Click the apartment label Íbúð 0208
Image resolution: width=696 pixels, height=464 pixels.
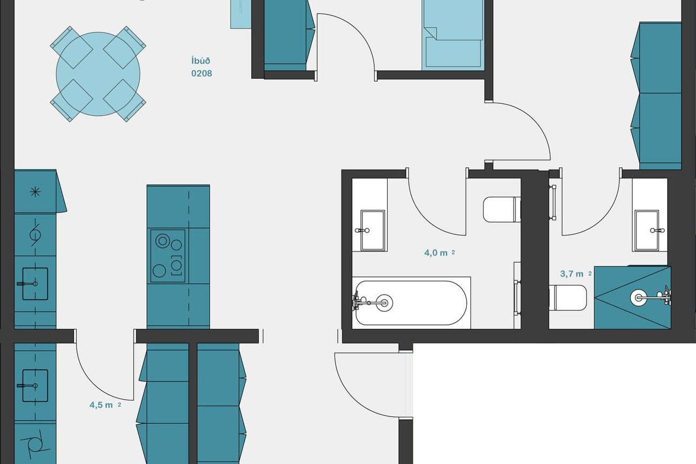[x=202, y=67]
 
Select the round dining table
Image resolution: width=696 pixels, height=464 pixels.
[x=98, y=74]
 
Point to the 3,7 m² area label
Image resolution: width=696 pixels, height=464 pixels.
[x=576, y=274]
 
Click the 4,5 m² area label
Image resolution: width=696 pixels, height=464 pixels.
[x=105, y=405]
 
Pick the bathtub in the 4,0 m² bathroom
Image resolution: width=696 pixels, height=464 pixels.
[x=411, y=303]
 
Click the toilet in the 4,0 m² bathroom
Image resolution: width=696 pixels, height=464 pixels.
[x=502, y=209]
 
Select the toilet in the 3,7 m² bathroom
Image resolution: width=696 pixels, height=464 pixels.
[x=568, y=298]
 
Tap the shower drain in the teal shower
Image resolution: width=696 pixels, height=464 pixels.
[x=637, y=298]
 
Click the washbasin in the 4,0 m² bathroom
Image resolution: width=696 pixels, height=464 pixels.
[x=373, y=230]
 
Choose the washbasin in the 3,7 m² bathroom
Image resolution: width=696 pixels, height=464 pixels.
[x=647, y=230]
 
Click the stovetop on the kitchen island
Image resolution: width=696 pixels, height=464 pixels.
[x=168, y=256]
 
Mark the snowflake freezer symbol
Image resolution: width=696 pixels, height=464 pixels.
[x=35, y=192]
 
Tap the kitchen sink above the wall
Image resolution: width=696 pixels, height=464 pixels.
[x=35, y=284]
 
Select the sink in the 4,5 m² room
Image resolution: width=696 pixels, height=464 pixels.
[x=35, y=385]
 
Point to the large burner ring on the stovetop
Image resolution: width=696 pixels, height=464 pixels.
[x=162, y=241]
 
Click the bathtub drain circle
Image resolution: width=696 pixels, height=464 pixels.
[x=384, y=302]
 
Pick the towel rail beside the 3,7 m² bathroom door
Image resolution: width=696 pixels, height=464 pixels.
[x=554, y=202]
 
